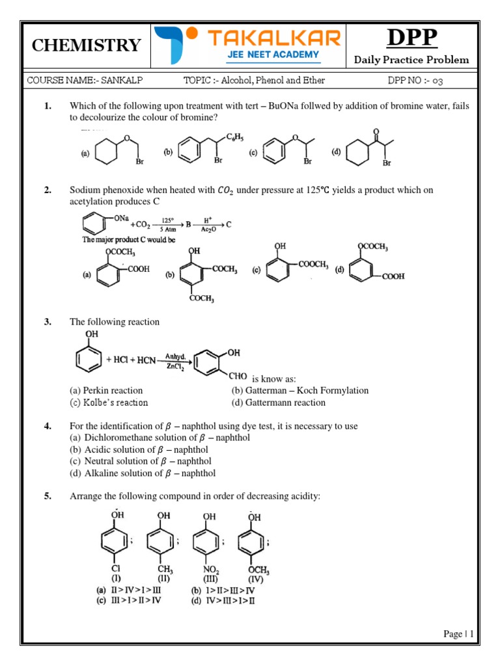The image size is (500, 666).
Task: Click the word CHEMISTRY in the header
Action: point(86,46)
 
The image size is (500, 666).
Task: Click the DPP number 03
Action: point(438,81)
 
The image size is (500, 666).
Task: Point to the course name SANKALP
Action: point(125,81)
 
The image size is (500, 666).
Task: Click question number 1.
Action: point(48,106)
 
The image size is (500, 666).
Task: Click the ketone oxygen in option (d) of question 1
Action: point(376,131)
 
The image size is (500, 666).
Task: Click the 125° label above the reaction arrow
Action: point(167,220)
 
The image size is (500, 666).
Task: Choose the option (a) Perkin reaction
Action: point(106,390)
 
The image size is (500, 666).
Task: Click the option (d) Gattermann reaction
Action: point(278,403)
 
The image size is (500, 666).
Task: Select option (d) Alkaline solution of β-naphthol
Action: point(143,473)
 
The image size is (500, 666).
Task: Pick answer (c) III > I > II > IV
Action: point(126,600)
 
